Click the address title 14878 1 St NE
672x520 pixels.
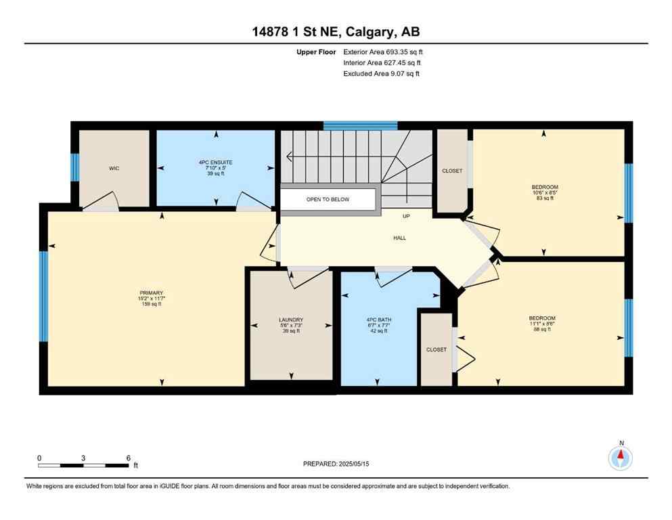click(336, 32)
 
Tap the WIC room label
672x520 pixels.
click(114, 169)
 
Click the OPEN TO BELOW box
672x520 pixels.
click(328, 200)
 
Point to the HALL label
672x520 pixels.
click(400, 238)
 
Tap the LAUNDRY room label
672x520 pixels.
click(290, 320)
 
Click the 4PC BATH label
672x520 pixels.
click(380, 320)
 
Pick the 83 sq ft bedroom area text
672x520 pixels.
click(544, 198)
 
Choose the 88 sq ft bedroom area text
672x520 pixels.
click(541, 330)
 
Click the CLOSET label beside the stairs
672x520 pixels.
click(451, 171)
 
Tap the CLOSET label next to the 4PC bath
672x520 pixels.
click(436, 349)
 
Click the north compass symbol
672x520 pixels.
click(621, 458)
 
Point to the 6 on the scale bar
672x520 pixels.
click(128, 458)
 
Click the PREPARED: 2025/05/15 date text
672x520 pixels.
click(336, 464)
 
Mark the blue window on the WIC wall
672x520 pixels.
click(75, 167)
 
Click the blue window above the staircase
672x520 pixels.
click(360, 125)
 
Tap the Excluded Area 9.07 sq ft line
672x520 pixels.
click(381, 73)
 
